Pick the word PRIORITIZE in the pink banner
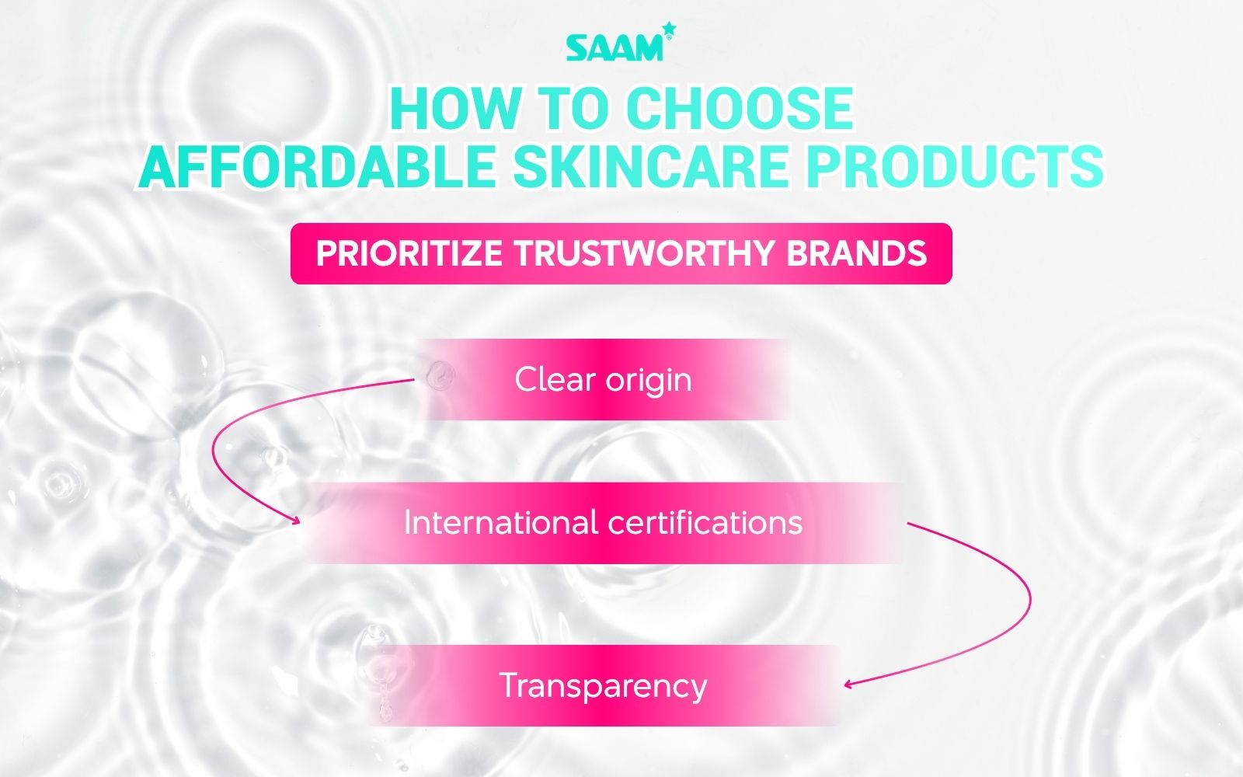(x=409, y=254)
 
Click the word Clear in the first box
(x=555, y=380)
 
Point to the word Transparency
(x=603, y=686)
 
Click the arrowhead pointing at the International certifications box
(x=295, y=521)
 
